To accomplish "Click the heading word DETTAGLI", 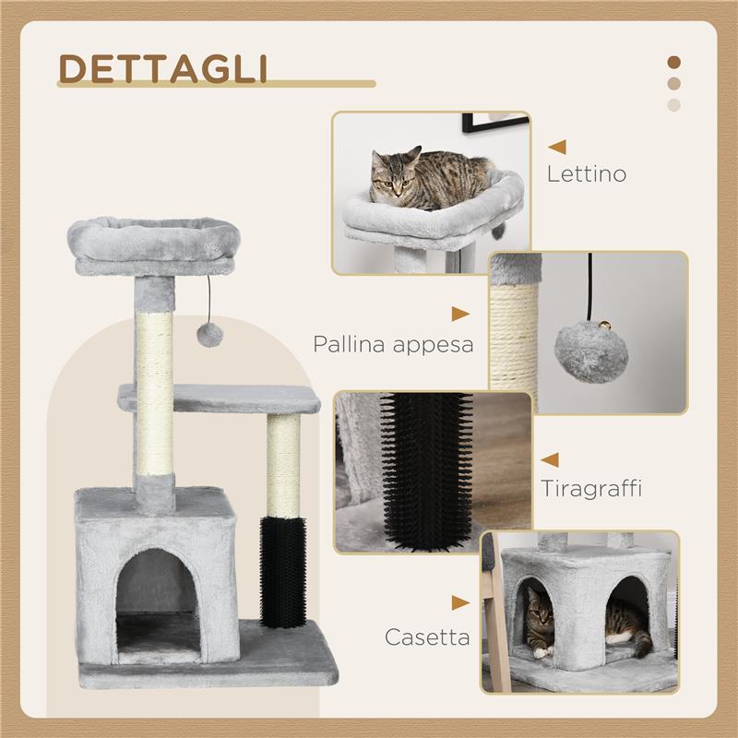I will click(x=163, y=68).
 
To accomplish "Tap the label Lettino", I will click(x=587, y=173).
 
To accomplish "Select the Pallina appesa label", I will click(x=393, y=345).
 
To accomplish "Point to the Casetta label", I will click(x=427, y=637).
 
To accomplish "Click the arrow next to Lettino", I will click(x=557, y=146).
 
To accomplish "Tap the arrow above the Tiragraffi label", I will click(x=550, y=458).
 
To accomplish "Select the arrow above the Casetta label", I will click(x=460, y=602).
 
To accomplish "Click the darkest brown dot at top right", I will click(x=673, y=62).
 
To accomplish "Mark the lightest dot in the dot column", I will click(x=673, y=104).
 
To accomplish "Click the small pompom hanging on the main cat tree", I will click(x=211, y=334).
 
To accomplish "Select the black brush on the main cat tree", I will click(x=283, y=573).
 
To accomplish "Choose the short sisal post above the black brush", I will click(x=283, y=464).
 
